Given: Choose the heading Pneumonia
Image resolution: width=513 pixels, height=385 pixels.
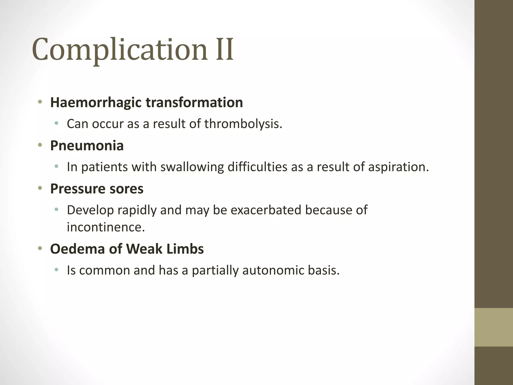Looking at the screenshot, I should pyautogui.click(x=87, y=146).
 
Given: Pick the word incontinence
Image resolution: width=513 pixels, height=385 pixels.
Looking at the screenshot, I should pyautogui.click(x=106, y=227).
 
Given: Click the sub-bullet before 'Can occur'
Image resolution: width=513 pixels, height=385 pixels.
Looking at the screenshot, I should pyautogui.click(x=56, y=123).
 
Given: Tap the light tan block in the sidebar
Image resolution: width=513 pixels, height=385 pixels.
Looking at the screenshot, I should pyautogui.click(x=493, y=327).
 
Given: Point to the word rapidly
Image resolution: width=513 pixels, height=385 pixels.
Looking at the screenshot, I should pyautogui.click(x=137, y=210).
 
